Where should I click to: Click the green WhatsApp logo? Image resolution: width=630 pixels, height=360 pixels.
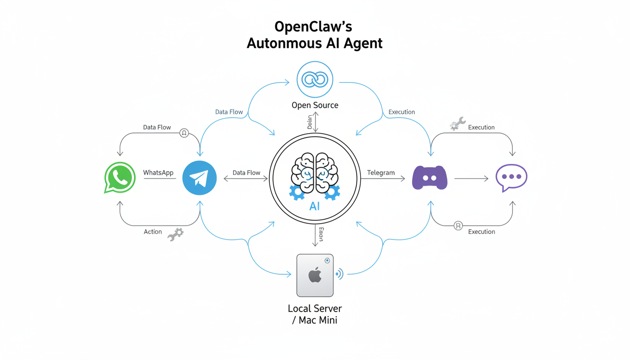click(x=120, y=178)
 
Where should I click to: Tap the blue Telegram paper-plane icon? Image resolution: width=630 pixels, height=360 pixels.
click(x=199, y=178)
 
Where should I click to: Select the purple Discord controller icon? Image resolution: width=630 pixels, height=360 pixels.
click(x=429, y=178)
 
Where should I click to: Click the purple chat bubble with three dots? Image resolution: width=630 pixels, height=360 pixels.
click(x=511, y=177)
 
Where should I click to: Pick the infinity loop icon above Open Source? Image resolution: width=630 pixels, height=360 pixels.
click(x=315, y=80)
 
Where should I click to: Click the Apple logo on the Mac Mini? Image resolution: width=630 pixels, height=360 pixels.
click(x=315, y=276)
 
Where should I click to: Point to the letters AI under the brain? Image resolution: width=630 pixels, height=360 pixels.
click(x=315, y=206)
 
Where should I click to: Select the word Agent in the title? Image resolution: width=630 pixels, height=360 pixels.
click(x=361, y=43)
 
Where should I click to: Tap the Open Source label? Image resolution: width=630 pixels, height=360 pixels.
click(x=315, y=105)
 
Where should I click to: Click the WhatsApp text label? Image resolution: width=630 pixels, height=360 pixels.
click(x=158, y=172)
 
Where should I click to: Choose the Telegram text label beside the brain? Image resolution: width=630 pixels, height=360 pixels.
click(x=381, y=172)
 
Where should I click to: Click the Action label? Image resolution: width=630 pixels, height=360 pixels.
click(x=153, y=232)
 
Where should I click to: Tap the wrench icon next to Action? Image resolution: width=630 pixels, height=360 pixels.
click(x=176, y=234)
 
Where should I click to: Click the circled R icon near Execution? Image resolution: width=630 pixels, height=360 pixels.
click(x=458, y=226)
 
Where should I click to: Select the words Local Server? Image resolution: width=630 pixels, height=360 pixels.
click(x=315, y=308)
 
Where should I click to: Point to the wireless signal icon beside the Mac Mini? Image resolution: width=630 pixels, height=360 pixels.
click(x=339, y=274)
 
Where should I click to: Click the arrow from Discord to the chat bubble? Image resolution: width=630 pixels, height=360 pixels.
click(x=471, y=178)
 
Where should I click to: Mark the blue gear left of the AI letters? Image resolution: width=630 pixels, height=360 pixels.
click(x=297, y=192)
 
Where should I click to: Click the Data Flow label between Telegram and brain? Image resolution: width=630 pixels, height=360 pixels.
click(x=247, y=172)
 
